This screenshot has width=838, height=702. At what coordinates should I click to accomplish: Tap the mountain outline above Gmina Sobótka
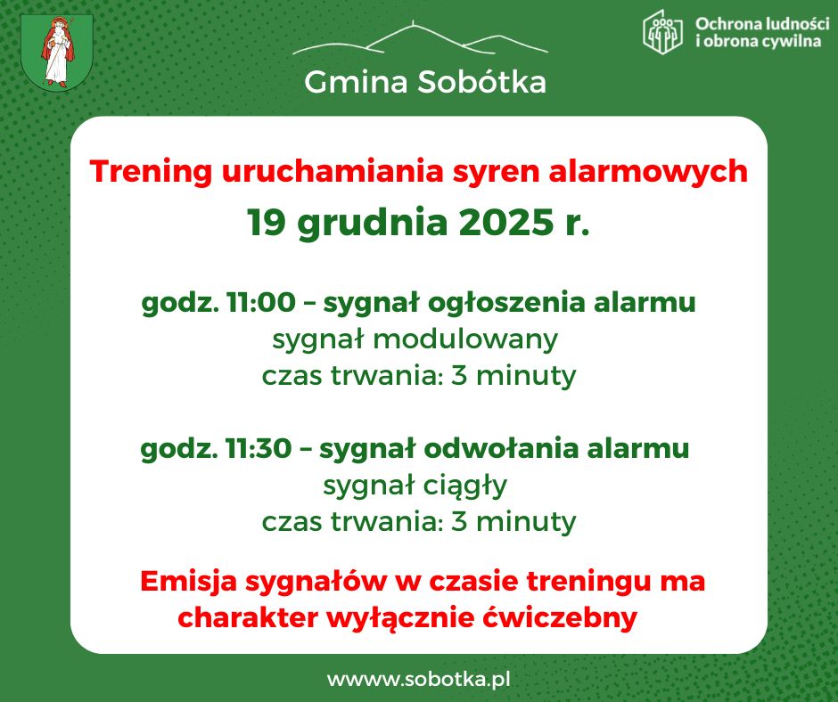coord(420,39)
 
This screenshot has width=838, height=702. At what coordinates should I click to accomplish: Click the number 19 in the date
coord(267,223)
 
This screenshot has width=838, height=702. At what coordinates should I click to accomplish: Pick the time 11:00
coord(260,303)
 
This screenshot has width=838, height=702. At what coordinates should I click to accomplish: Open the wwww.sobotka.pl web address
coord(418,679)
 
